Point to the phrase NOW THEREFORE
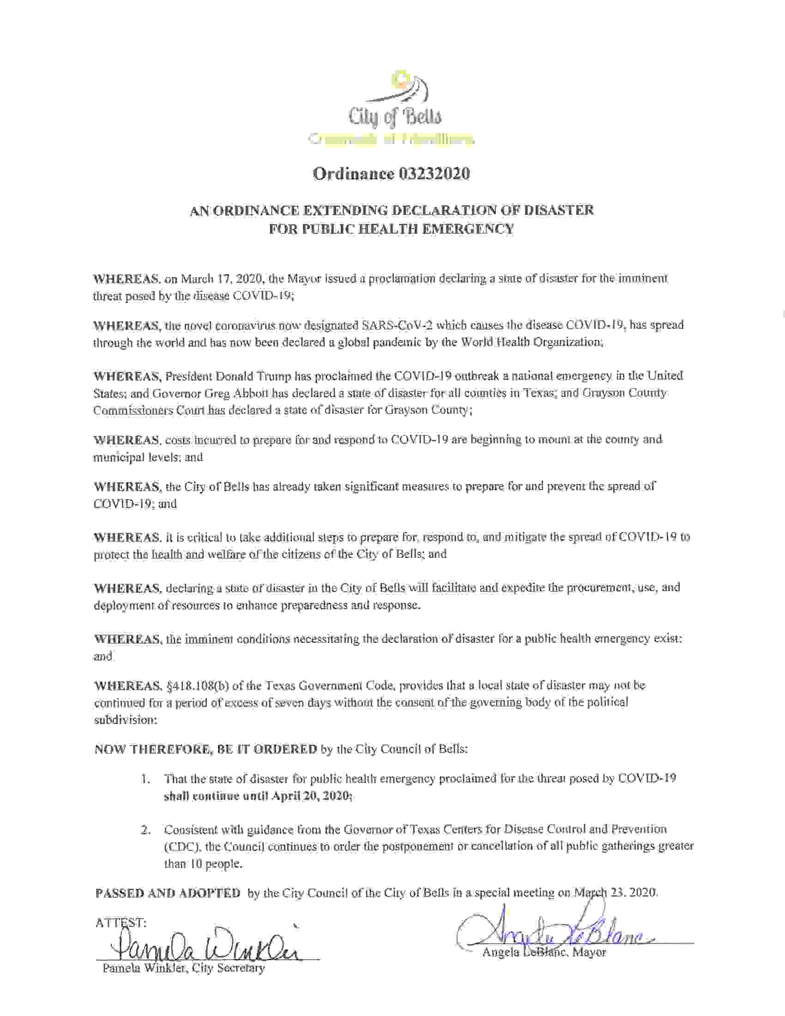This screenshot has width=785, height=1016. click(153, 750)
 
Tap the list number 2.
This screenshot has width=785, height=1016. click(146, 829)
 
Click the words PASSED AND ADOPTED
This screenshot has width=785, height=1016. click(168, 893)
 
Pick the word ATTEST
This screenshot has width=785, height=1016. click(121, 923)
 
